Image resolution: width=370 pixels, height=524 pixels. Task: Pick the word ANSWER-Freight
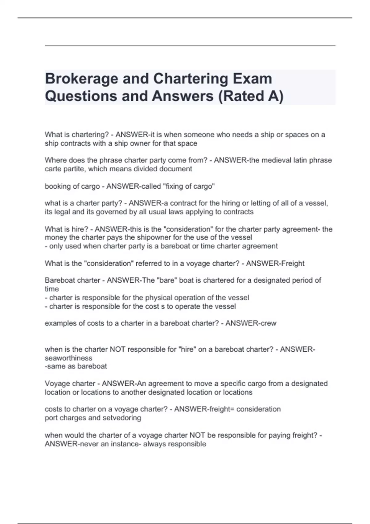275,264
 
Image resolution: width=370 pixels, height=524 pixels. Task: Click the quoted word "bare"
167,280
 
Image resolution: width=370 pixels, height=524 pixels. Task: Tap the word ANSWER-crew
251,323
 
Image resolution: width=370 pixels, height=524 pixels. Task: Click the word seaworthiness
68,358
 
